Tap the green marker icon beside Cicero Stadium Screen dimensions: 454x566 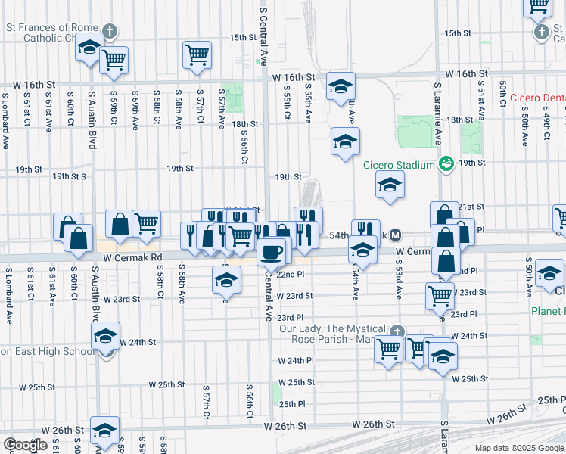click(446, 163)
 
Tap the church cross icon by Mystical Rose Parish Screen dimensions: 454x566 click(397, 331)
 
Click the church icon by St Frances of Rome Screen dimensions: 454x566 click(110, 32)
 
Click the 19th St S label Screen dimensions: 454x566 click(70, 176)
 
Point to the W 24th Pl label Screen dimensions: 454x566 click(300, 360)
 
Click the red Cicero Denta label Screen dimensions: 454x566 click(536, 98)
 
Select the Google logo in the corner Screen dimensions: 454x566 click(25, 445)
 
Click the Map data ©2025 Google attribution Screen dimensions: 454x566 click(518, 448)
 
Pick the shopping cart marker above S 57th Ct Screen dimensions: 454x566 click(197, 54)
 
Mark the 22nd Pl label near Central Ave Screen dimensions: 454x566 click(290, 275)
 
